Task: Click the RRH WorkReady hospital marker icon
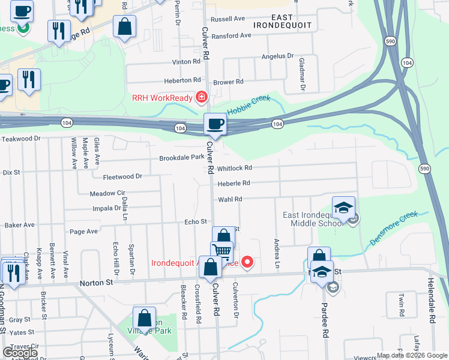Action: coord(202,97)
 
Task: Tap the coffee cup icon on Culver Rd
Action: coord(215,124)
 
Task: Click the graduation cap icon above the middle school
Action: coord(343,208)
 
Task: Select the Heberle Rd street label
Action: coord(234,183)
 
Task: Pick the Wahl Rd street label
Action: coord(229,199)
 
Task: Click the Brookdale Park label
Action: coord(182,158)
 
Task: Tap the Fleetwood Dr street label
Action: coord(122,176)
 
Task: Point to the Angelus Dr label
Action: coord(277,56)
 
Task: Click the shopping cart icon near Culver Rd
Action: coord(221,251)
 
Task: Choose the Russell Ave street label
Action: coord(228,19)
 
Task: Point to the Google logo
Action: coord(20,352)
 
